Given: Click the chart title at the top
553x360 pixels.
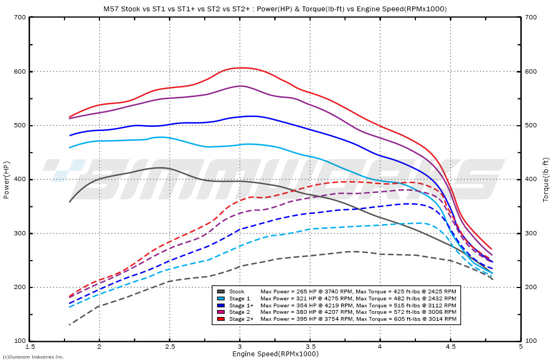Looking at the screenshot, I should pyautogui.click(x=275, y=9).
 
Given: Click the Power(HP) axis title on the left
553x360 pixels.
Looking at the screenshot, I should pyautogui.click(x=6, y=179).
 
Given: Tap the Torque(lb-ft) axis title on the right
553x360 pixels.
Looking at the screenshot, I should pyautogui.click(x=546, y=179).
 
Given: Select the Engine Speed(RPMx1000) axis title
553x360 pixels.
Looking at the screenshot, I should pyautogui.click(x=275, y=354).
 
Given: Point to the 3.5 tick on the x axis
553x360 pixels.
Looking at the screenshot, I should pyautogui.click(x=310, y=347).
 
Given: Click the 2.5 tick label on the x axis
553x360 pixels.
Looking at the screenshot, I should pyautogui.click(x=169, y=347).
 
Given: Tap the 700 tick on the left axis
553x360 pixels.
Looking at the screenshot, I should pyautogui.click(x=20, y=17).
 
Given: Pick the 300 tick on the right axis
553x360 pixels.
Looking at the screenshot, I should pyautogui.click(x=530, y=233).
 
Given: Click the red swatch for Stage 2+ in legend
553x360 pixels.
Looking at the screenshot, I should pyautogui.click(x=220, y=319).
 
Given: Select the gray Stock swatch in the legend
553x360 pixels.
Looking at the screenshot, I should pyautogui.click(x=220, y=291).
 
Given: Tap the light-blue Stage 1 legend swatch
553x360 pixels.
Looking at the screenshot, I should pyautogui.click(x=220, y=298).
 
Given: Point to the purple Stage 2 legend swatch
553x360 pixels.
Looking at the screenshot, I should pyautogui.click(x=220, y=312).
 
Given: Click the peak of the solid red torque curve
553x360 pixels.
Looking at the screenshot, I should pyautogui.click(x=242, y=68).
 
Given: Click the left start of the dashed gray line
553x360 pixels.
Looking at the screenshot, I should pyautogui.click(x=70, y=325).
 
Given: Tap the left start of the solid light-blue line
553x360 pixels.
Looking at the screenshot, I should pyautogui.click(x=70, y=148).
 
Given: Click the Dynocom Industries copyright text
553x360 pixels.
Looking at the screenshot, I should pyautogui.click(x=33, y=357).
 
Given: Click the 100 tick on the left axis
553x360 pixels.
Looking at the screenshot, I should pyautogui.click(x=20, y=341).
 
